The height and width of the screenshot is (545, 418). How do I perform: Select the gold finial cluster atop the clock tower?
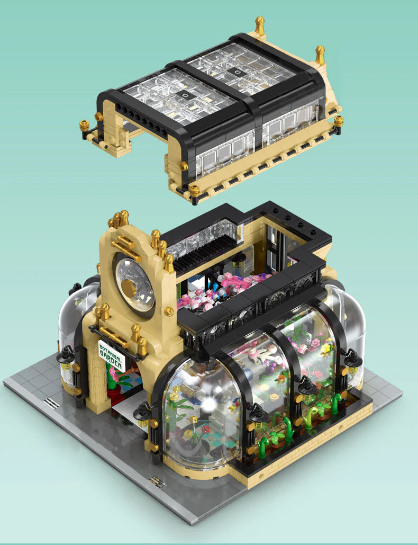(x=119, y=218)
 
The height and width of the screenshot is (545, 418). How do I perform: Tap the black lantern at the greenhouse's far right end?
(x=353, y=361)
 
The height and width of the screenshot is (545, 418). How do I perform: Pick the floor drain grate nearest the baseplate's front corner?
(x=157, y=482)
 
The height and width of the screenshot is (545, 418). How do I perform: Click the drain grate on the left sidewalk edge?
(x=51, y=403)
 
